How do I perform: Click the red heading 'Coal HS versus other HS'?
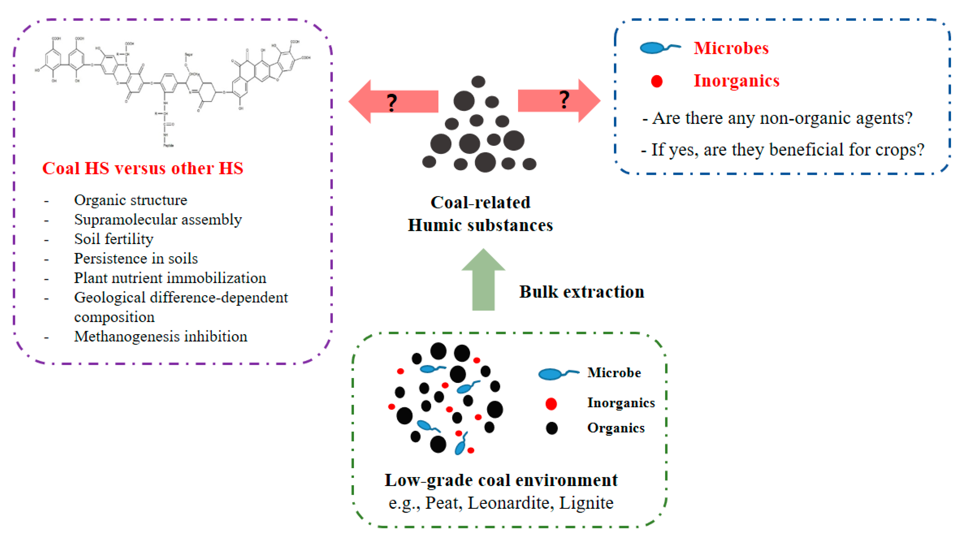click(x=143, y=168)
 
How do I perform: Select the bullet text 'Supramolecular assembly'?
click(x=158, y=219)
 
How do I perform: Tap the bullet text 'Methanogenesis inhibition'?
click(x=161, y=336)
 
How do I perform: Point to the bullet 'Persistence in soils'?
click(x=136, y=259)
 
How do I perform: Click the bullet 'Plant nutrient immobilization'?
click(x=170, y=278)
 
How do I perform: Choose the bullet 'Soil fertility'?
click(x=114, y=239)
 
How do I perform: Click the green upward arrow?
click(x=483, y=281)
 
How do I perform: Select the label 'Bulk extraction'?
click(x=582, y=292)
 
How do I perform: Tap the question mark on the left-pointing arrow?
click(x=392, y=103)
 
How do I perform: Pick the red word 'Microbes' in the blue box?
click(x=731, y=48)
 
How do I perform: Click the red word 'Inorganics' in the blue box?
click(x=736, y=81)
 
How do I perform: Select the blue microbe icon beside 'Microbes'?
click(x=656, y=48)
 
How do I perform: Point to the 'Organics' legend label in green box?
click(x=616, y=428)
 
